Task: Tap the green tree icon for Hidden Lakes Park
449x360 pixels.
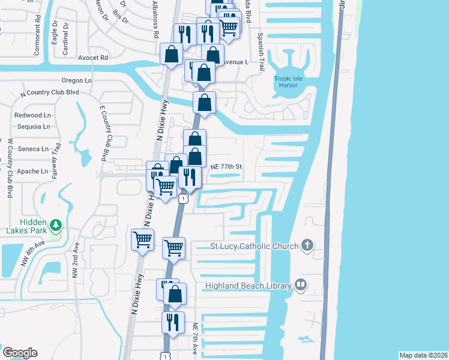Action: coord(56,225)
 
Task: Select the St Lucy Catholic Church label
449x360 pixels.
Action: coord(254,246)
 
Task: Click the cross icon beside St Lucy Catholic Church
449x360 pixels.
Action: coord(307,244)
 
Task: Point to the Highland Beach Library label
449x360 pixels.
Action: coord(249,286)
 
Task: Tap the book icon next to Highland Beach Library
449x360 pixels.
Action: coord(301,285)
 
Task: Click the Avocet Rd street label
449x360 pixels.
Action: coord(92,58)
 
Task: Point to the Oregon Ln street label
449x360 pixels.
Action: coord(77,80)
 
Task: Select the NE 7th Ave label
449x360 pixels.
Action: coord(195,337)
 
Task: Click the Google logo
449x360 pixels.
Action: coord(20,353)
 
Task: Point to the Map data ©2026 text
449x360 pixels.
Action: coord(423,355)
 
